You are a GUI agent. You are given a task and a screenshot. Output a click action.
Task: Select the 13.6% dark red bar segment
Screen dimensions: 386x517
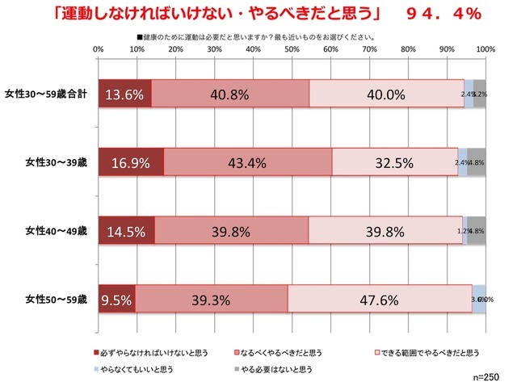point(124,94)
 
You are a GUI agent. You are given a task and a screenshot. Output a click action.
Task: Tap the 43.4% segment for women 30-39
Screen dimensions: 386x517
point(247,162)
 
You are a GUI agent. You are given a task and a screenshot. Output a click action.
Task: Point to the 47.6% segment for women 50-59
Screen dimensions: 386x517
point(380,299)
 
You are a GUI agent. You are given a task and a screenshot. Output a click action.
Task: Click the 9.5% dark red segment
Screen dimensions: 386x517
point(117,299)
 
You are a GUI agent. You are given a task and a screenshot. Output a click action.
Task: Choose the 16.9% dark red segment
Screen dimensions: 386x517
point(131,162)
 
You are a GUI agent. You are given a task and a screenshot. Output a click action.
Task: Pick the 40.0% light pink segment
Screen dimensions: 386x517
point(386,94)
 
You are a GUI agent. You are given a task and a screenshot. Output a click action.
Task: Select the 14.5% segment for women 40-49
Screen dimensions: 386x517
point(126,230)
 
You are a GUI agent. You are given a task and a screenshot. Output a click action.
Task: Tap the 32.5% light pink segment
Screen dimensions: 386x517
point(394,162)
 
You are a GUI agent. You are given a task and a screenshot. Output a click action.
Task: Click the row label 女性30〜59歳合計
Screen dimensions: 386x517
point(49,94)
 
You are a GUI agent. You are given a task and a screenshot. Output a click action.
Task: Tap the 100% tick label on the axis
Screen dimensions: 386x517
point(485,50)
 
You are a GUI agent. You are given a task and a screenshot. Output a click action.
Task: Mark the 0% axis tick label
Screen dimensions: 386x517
point(99,50)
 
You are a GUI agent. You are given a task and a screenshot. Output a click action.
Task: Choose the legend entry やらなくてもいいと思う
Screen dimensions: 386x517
point(145,368)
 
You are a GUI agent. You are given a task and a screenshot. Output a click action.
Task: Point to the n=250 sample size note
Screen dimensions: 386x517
point(490,378)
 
